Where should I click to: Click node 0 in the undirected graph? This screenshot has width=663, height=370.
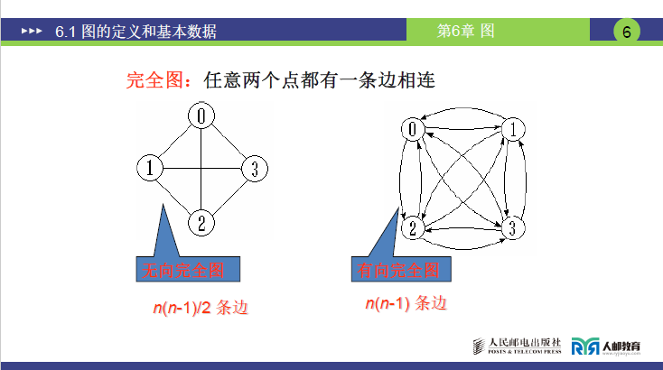pyautogui.click(x=203, y=116)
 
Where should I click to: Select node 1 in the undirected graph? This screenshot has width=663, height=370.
pyautogui.click(x=149, y=168)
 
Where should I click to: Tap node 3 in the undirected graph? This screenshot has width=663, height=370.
pyautogui.click(x=255, y=168)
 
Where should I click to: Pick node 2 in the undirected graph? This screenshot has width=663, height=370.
pyautogui.click(x=203, y=221)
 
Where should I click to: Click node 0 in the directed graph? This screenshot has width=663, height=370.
pyautogui.click(x=414, y=129)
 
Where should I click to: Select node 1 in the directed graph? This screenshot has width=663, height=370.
pyautogui.click(x=511, y=129)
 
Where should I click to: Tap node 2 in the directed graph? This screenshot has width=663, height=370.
pyautogui.click(x=413, y=227)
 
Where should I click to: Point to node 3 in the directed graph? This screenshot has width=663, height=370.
pyautogui.click(x=511, y=227)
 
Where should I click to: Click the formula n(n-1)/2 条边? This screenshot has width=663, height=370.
pyautogui.click(x=200, y=308)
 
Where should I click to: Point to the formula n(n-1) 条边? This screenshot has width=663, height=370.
pyautogui.click(x=406, y=304)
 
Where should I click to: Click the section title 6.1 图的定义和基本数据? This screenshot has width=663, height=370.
pyautogui.click(x=135, y=32)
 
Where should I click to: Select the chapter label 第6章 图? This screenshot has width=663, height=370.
pyautogui.click(x=466, y=31)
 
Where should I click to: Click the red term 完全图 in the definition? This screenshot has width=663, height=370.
pyautogui.click(x=154, y=80)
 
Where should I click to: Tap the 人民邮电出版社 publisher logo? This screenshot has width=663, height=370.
pyautogui.click(x=518, y=346)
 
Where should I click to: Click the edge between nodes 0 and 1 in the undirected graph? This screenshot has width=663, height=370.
pyautogui.click(x=176, y=142)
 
